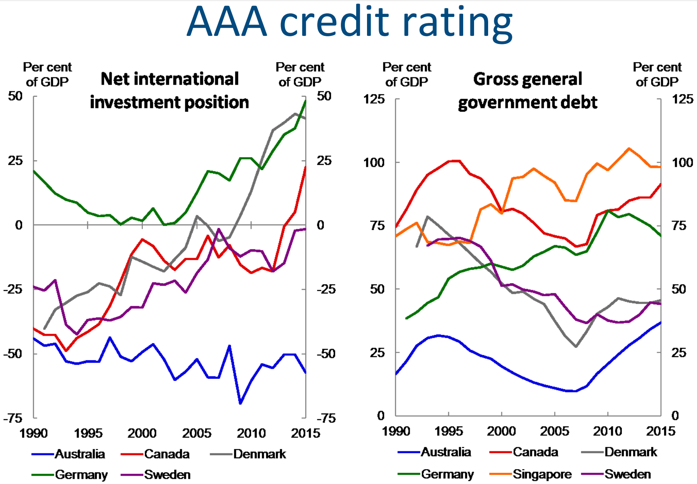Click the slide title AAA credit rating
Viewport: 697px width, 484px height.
click(349, 22)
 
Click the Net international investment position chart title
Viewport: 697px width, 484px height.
click(169, 91)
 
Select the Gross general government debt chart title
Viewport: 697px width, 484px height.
click(528, 91)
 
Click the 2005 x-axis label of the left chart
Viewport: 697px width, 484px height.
click(197, 433)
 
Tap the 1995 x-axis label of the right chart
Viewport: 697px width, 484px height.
click(449, 431)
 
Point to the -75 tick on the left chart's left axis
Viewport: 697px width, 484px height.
click(13, 418)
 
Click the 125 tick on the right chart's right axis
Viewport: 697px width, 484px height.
click(683, 99)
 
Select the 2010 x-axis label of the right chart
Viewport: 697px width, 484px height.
click(608, 431)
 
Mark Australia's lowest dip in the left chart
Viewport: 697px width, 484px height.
click(240, 403)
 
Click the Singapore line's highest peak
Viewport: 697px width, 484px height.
click(629, 148)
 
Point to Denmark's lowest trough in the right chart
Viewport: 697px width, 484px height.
click(576, 347)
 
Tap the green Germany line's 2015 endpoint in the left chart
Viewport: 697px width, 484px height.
click(305, 101)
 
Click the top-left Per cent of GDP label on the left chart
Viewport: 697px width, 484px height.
click(47, 75)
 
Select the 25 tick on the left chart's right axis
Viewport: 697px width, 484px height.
click(324, 161)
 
